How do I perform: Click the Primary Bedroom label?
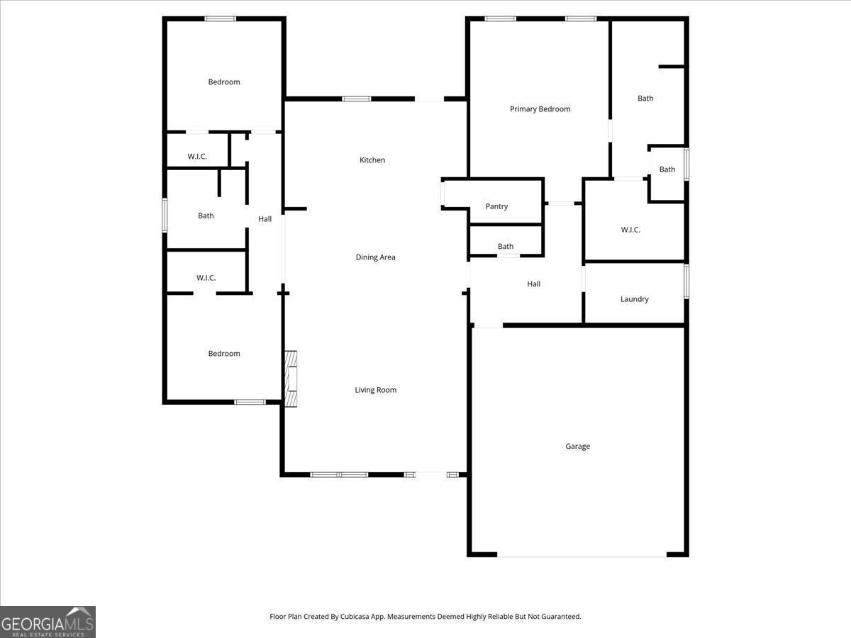point(540,109)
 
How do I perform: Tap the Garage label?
point(577,447)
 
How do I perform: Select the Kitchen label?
point(372,160)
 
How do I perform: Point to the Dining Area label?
point(375,257)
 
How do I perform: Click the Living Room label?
point(375,390)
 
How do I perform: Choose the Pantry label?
point(496,207)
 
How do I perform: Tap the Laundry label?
point(634,299)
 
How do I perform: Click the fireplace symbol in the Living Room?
point(291,379)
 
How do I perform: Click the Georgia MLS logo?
point(48,622)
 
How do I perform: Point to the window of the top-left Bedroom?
point(220,18)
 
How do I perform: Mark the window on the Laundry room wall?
point(686,281)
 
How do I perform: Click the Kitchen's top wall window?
point(356,99)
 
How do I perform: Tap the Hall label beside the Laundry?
point(533,284)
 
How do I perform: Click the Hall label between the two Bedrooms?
point(265,219)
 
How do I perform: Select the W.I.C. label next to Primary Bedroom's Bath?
point(630,230)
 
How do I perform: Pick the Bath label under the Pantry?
point(505,247)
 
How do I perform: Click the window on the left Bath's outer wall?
point(165,215)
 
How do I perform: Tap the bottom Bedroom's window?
point(250,402)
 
